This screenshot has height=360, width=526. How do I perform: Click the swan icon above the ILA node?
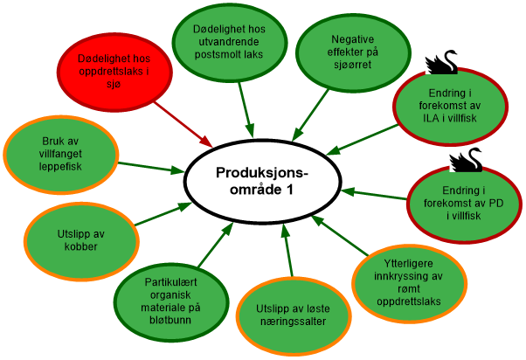coord(440,62)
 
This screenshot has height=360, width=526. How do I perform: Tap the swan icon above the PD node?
coord(465,159)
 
